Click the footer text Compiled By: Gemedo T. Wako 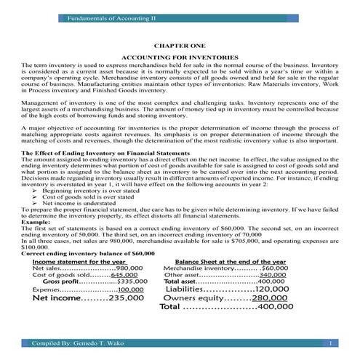(72, 342)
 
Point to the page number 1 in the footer (330, 342)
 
